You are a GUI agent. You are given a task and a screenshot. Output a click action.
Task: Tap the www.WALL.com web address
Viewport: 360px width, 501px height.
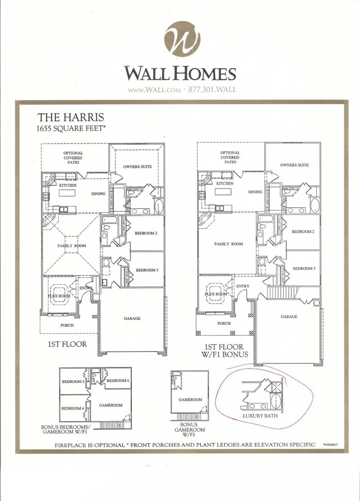[154, 90]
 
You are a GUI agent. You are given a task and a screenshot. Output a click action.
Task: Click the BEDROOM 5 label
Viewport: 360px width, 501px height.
[73, 381]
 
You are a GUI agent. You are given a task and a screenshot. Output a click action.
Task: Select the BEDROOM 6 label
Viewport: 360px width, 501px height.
[117, 381]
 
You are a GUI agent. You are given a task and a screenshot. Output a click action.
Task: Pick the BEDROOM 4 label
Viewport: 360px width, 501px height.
[73, 408]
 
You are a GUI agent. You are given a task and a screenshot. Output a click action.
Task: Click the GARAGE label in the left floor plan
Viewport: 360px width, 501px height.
[132, 319]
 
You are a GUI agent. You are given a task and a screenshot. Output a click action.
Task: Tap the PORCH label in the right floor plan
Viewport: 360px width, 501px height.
[224, 323]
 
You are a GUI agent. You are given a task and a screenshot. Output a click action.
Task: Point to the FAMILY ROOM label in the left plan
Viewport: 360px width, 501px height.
[72, 246]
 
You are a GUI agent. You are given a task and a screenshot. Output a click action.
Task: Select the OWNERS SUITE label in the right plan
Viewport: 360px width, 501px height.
[295, 165]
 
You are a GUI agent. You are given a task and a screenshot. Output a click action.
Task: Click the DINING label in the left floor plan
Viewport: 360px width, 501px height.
[98, 194]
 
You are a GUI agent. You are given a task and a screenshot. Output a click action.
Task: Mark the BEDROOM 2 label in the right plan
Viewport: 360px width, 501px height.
[303, 232]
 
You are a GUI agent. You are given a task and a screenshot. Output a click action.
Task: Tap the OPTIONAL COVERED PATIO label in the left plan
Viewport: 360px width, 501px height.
[73, 157]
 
